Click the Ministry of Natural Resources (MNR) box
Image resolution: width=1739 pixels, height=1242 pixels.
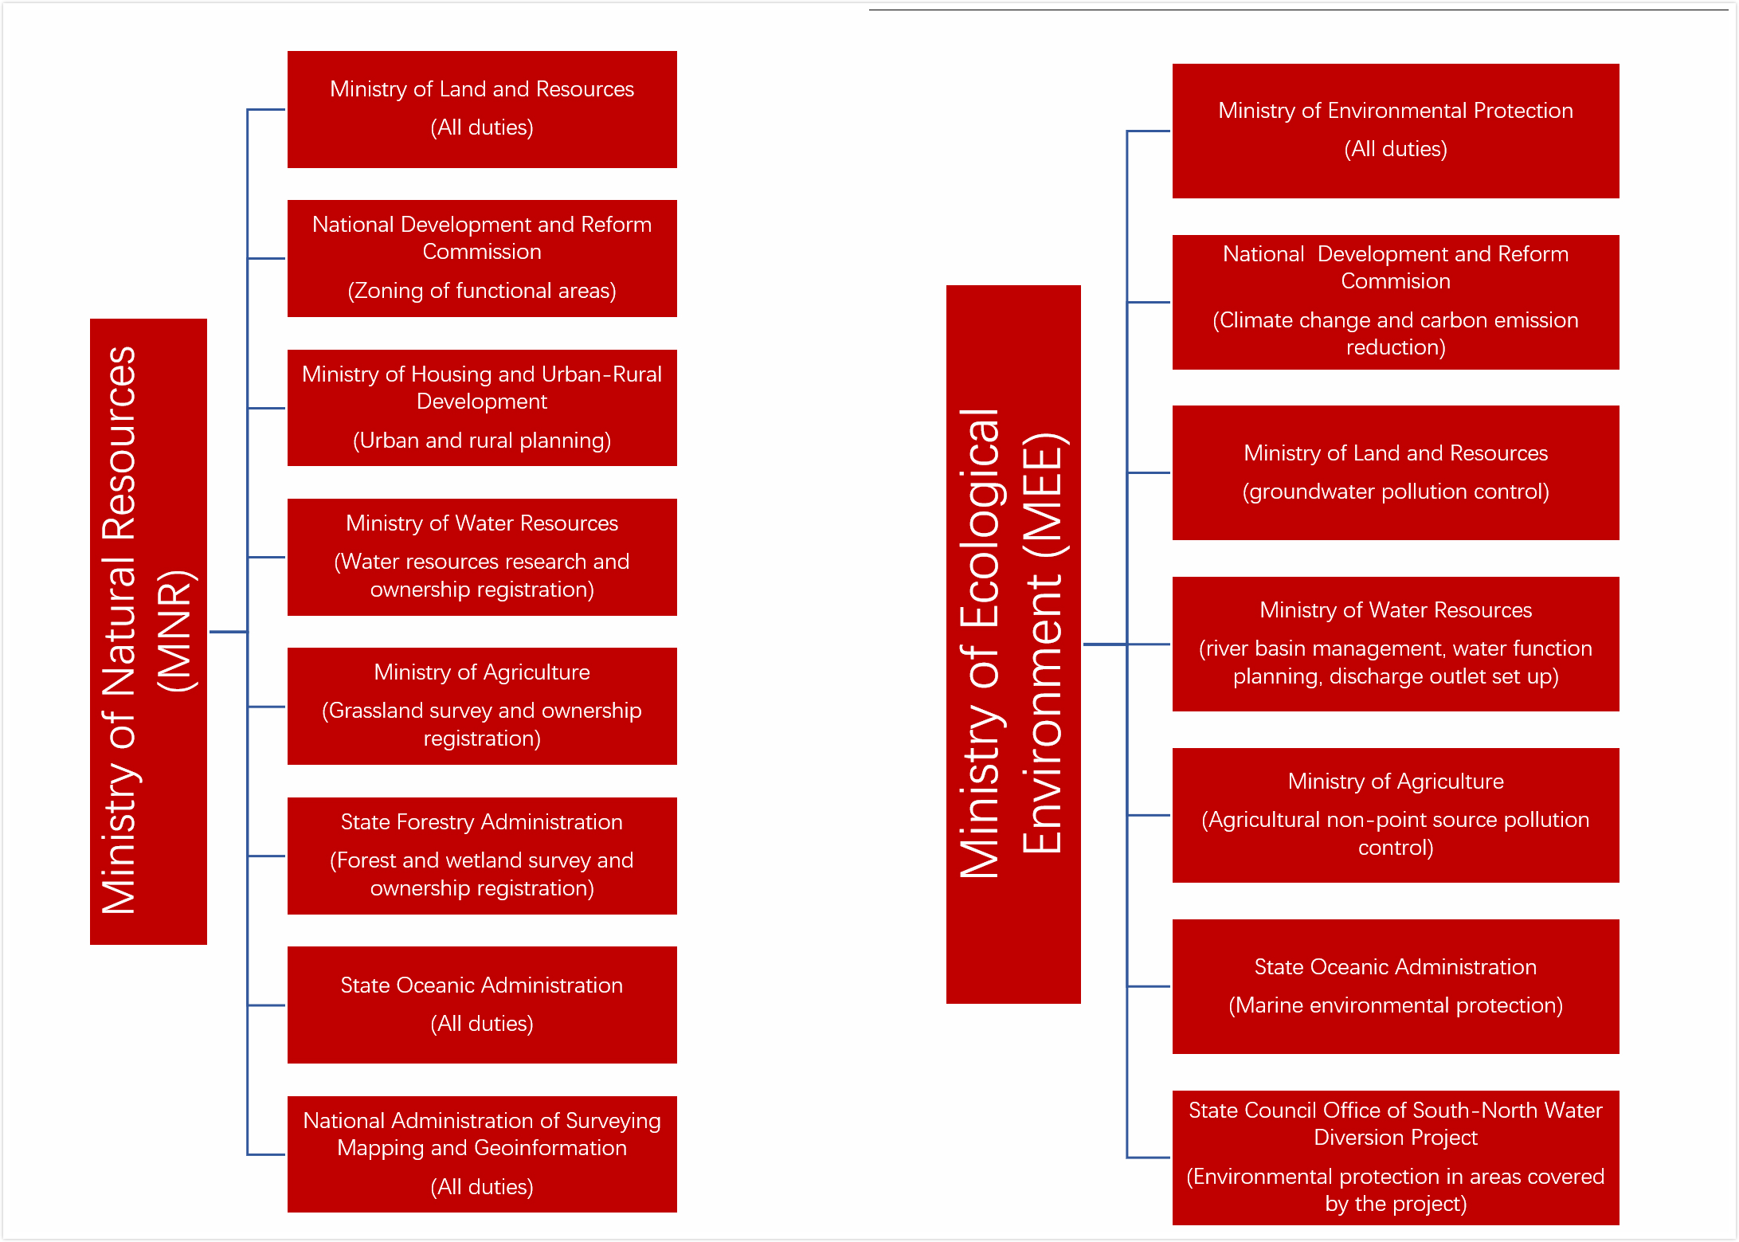point(148,631)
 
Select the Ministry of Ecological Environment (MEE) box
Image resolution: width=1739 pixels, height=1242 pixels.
point(1013,644)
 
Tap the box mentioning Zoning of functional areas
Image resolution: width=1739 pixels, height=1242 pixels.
point(482,258)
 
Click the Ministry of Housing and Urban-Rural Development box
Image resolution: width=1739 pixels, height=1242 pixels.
point(482,408)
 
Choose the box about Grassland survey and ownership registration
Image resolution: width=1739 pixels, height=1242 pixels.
point(482,706)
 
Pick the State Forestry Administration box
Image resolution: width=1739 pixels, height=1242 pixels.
point(482,856)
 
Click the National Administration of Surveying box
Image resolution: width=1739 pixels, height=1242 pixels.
point(482,1154)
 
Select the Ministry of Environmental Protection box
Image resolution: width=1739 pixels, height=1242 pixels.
point(1396,131)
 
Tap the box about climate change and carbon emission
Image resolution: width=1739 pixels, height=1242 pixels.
point(1396,302)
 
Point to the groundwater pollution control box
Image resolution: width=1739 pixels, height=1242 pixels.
point(1396,472)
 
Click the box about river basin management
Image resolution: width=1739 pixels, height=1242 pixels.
point(1396,644)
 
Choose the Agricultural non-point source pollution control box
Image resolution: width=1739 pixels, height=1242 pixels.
point(1396,815)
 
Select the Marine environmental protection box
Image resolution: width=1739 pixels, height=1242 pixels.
point(1396,986)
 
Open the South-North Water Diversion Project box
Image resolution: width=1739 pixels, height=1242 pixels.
point(1396,1158)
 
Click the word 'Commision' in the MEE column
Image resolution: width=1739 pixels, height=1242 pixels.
point(1396,281)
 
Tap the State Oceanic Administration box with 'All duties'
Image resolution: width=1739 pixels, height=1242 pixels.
point(482,1005)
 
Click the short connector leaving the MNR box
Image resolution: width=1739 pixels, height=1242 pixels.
point(228,632)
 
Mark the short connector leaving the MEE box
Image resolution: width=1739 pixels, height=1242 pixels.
point(1105,644)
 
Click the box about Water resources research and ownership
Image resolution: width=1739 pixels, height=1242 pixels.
point(482,557)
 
